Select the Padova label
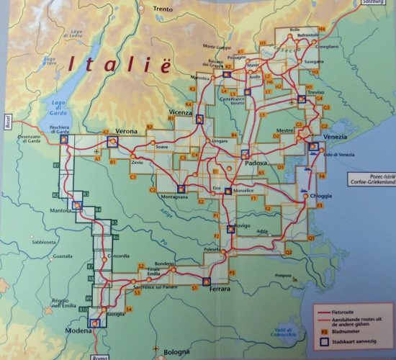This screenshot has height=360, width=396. tap(256, 164)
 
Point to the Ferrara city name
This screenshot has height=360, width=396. tap(220, 289)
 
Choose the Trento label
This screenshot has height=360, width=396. tap(163, 9)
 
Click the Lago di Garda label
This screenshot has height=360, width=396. tap(59, 107)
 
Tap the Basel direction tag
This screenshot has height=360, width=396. tap(7, 120)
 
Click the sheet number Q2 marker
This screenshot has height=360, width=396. tap(288, 252)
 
